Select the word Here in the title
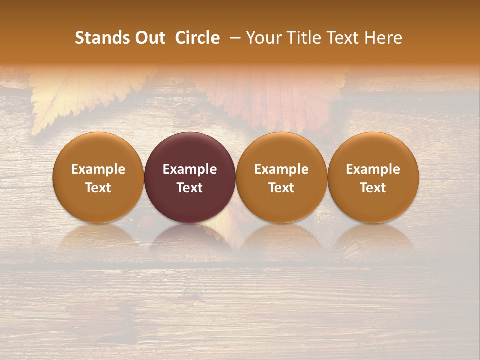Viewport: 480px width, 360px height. pos(383,38)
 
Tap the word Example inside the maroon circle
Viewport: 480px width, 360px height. pos(190,169)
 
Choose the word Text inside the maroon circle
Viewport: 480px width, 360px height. pos(190,188)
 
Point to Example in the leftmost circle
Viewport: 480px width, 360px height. pos(98,169)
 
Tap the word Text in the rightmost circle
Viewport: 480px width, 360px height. pos(373,188)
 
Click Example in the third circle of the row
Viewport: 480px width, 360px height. pos(281,169)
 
